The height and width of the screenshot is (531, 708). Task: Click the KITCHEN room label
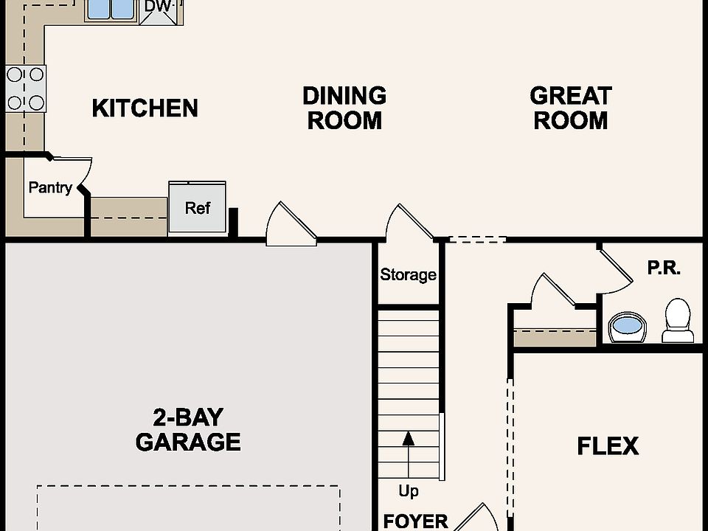(x=145, y=108)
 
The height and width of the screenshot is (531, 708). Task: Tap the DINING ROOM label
(x=344, y=108)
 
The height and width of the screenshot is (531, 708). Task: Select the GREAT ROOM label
(x=571, y=108)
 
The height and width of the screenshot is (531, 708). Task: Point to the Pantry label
(x=50, y=187)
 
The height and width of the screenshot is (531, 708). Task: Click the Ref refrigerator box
(x=198, y=207)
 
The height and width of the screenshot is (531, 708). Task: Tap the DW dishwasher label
(x=159, y=7)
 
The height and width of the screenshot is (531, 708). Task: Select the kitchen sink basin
(x=111, y=9)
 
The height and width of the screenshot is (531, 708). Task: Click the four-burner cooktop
(x=26, y=88)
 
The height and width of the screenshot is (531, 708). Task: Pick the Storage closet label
(x=408, y=274)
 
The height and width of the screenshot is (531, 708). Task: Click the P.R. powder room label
(x=664, y=268)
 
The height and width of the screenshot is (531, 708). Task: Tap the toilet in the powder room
(x=678, y=320)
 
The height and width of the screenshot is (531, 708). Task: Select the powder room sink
(x=628, y=327)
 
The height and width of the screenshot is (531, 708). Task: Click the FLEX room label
(x=608, y=446)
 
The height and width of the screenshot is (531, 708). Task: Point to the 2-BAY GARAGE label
(x=188, y=430)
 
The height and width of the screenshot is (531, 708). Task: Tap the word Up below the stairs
(x=408, y=491)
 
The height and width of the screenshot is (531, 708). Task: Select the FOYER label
(x=415, y=521)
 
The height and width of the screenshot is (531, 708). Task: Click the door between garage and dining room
(x=291, y=224)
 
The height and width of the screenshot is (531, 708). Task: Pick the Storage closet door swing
(x=410, y=222)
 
